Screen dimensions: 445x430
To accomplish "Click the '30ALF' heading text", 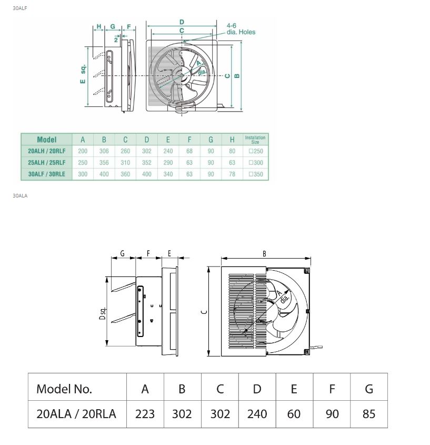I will point(20,8).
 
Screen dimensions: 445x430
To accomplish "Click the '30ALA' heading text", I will point(20,195).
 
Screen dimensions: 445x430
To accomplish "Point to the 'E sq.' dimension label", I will point(83,74).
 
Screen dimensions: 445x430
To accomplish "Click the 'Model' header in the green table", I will point(47,140).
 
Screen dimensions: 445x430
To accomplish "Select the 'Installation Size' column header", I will point(255,140).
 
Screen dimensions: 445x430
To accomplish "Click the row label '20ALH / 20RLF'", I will point(47,151).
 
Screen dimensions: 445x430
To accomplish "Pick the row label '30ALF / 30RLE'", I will point(47,174).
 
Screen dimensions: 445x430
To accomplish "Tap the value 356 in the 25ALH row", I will point(104,163).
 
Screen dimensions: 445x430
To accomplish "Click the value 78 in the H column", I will point(232,174).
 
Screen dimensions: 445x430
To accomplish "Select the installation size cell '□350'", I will point(256,174).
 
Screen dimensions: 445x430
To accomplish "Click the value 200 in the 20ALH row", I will point(83,151).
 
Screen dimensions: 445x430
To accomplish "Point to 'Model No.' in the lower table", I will point(64,389).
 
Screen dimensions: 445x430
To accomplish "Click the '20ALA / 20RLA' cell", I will point(76,414).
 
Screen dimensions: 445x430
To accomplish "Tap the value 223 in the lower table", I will point(145,414).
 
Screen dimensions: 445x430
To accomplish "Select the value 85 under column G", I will point(369,414).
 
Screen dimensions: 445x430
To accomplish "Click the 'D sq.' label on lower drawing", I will point(103,313).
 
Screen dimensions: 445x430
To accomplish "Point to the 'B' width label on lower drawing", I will point(264,254).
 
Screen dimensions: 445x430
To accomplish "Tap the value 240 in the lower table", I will point(257,414).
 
